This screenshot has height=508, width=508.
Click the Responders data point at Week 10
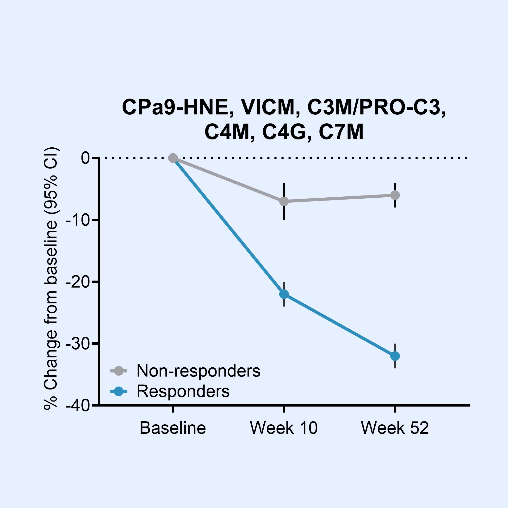(284, 294)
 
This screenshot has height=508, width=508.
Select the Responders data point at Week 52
(395, 356)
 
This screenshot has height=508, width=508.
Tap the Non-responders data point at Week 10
(284, 201)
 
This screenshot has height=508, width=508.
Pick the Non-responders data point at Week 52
(395, 195)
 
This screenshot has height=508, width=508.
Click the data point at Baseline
(173, 158)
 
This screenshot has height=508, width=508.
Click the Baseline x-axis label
(173, 428)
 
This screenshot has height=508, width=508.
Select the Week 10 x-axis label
(284, 428)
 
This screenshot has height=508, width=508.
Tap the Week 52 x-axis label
(395, 428)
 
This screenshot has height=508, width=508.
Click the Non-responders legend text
(198, 371)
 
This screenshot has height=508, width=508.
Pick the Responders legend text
(183, 391)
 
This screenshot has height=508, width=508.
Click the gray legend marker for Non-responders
(118, 371)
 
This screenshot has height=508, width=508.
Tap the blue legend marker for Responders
(118, 391)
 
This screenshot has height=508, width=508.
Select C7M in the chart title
(341, 132)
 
